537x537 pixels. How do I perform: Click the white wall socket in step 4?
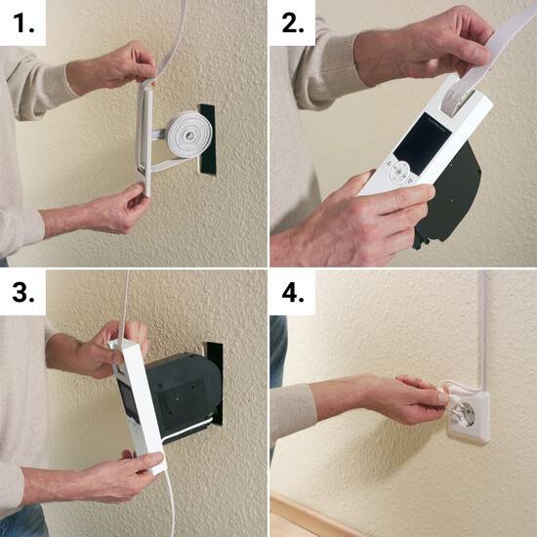[x=465, y=415]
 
